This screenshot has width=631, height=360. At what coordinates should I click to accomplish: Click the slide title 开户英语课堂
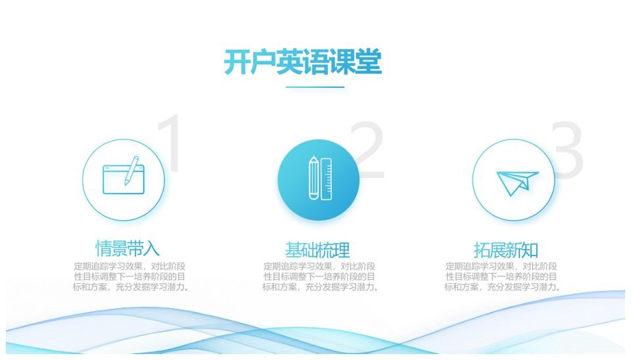(x=302, y=62)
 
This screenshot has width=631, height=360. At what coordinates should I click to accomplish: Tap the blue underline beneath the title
(x=315, y=87)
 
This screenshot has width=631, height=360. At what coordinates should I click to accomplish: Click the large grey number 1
(x=170, y=143)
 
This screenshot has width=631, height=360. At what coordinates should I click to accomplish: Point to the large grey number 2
(x=367, y=150)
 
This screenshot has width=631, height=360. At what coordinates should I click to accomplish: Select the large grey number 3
(x=567, y=150)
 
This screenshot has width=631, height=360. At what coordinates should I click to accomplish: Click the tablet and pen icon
(x=124, y=175)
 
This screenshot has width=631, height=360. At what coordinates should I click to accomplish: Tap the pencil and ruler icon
(x=320, y=178)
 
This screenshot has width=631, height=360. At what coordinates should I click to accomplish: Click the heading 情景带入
(x=128, y=248)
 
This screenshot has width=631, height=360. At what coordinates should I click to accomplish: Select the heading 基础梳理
(x=317, y=250)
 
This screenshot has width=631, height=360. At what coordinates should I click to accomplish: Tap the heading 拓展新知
(x=506, y=250)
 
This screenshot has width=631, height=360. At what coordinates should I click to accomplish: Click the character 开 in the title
(x=237, y=62)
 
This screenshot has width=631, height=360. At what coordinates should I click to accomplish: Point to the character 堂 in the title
(x=368, y=62)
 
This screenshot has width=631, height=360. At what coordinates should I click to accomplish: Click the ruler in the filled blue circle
(x=327, y=179)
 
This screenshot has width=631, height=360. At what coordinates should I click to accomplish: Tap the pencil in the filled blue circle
(x=314, y=178)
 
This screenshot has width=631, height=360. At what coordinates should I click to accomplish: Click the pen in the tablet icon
(x=131, y=171)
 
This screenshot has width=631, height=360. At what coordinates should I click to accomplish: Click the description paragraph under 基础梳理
(x=320, y=277)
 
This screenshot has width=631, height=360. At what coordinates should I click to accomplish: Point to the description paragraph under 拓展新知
(x=502, y=277)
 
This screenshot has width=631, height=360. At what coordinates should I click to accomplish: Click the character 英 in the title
(x=289, y=62)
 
